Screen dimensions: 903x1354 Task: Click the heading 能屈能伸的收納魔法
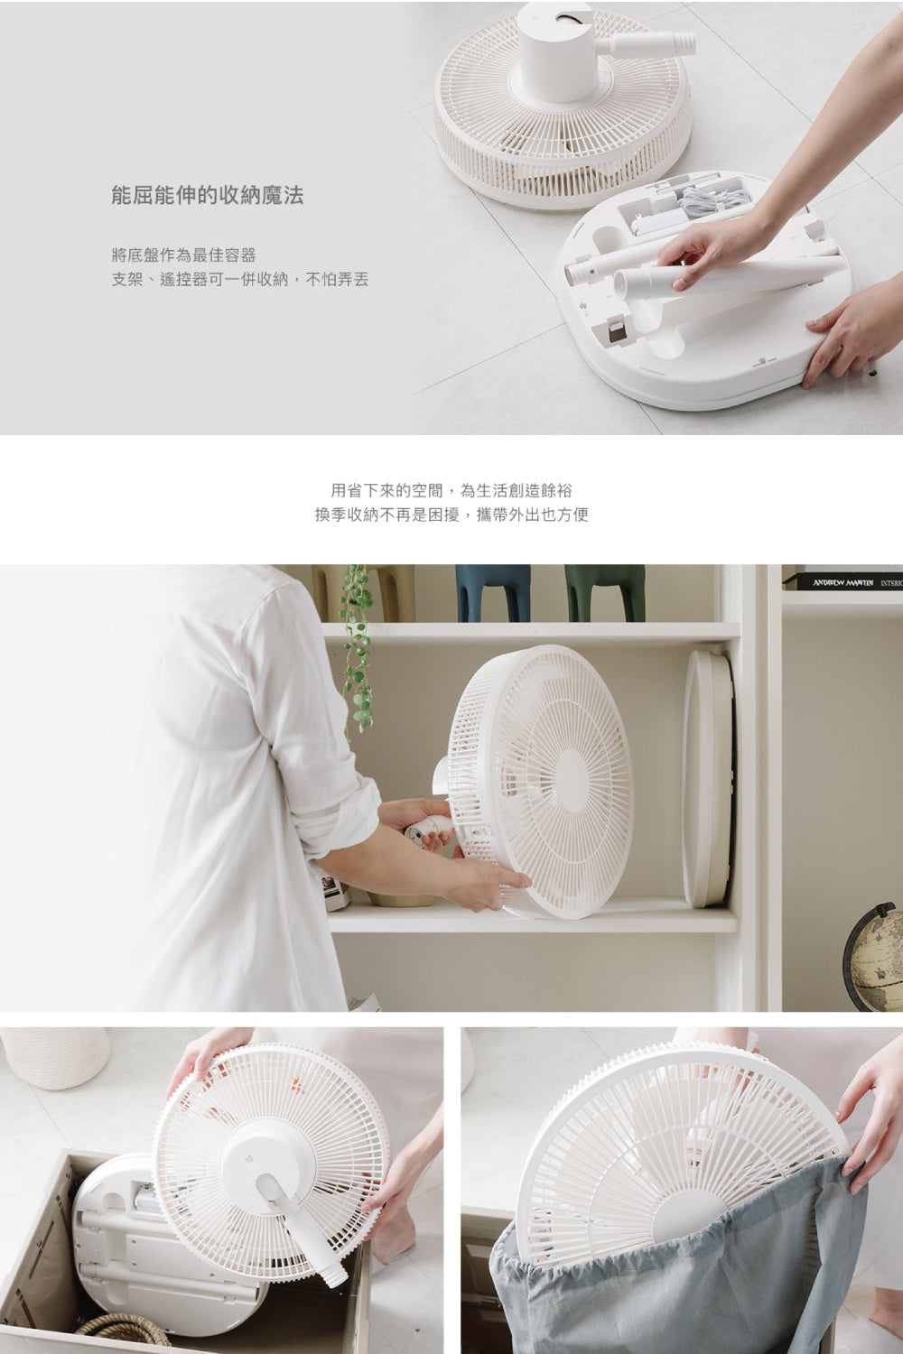coord(208,196)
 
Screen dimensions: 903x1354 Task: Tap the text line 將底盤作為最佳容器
coord(184,255)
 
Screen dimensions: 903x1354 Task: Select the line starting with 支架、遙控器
coord(240,279)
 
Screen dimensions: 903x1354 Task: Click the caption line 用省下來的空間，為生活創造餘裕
coord(451,490)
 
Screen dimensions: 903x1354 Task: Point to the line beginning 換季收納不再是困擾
coord(451,515)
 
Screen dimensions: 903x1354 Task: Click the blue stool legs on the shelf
coord(493,593)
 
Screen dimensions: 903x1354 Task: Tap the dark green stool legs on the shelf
coord(605,593)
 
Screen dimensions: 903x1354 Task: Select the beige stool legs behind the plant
coord(363,593)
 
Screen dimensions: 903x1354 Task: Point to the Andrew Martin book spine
coord(843,582)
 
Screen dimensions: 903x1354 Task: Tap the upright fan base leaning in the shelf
coord(708,779)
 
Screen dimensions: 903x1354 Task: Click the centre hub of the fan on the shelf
coord(572,781)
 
